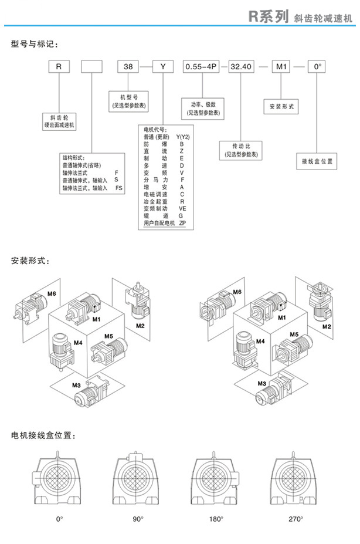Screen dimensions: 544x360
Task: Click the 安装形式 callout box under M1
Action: pyautogui.click(x=281, y=107)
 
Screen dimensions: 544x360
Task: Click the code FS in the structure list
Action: pyautogui.click(x=119, y=188)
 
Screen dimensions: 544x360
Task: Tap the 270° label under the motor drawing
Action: pyautogui.click(x=296, y=519)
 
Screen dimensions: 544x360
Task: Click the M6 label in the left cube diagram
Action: pyautogui.click(x=52, y=293)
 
